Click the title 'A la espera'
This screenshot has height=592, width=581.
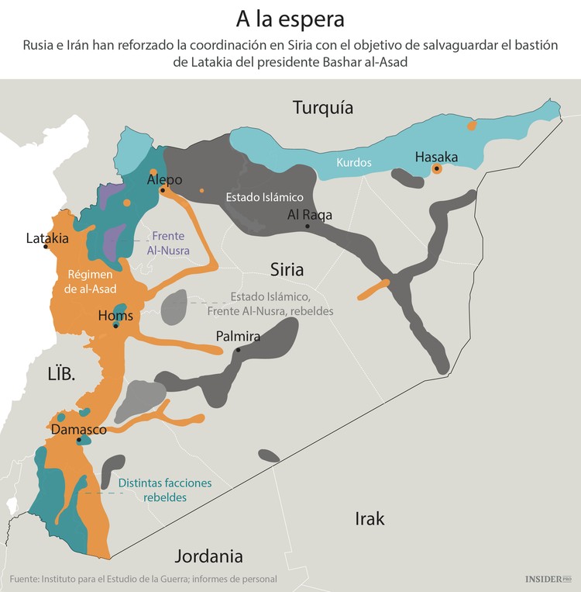click(290, 18)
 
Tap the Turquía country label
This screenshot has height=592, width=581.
click(323, 108)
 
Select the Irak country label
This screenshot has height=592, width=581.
click(370, 518)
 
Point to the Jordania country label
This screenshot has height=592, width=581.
click(209, 556)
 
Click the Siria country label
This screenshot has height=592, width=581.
click(287, 270)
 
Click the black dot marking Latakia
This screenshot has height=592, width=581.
click(46, 247)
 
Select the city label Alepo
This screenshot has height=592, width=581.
click(164, 180)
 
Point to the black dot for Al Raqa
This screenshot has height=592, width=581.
click(308, 226)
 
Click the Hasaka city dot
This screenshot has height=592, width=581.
click(437, 168)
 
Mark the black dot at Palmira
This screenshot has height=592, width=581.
click(239, 350)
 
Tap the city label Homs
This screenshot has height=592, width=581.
click(115, 316)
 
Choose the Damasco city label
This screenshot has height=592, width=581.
click(78, 428)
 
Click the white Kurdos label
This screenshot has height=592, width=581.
click(354, 163)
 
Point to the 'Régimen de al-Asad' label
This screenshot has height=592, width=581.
click(91, 282)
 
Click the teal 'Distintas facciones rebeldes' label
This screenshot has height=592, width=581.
click(165, 490)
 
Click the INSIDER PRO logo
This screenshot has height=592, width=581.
click(547, 578)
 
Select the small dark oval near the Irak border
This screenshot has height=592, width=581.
click(269, 455)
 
